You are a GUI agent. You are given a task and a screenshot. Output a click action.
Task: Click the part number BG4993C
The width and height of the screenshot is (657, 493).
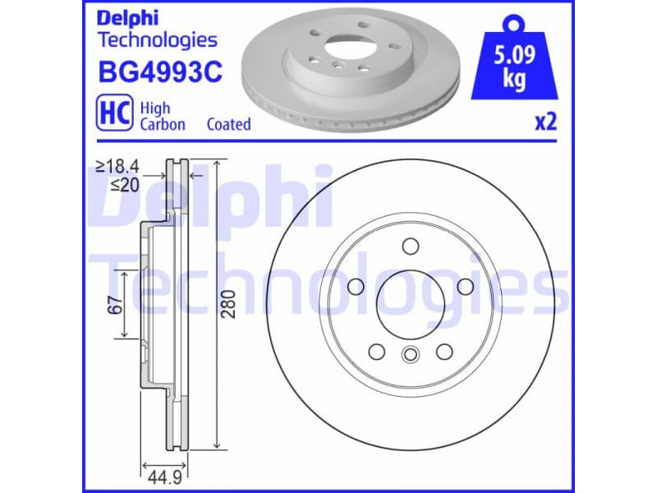[159, 73]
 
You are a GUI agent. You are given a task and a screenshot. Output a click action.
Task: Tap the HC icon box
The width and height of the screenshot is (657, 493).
[115, 116]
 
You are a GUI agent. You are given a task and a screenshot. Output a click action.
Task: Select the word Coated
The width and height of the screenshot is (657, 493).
[228, 125]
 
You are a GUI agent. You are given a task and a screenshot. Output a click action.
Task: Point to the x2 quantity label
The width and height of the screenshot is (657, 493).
[545, 123]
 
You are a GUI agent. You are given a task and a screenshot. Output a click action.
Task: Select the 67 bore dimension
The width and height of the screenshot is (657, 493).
[115, 304]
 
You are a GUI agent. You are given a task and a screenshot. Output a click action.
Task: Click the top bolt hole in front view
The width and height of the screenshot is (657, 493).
[410, 246]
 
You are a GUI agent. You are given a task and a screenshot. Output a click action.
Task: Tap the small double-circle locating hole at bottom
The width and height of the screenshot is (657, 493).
[410, 355]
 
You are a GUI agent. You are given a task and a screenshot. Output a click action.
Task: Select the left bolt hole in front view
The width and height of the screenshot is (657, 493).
[356, 286]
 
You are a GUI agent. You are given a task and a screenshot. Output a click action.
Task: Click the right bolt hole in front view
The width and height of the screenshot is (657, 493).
[464, 286]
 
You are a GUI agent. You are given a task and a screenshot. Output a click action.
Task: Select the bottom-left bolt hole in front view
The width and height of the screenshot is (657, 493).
[376, 351]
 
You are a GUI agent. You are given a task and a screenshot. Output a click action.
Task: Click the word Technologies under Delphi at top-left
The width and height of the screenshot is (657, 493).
[157, 39]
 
